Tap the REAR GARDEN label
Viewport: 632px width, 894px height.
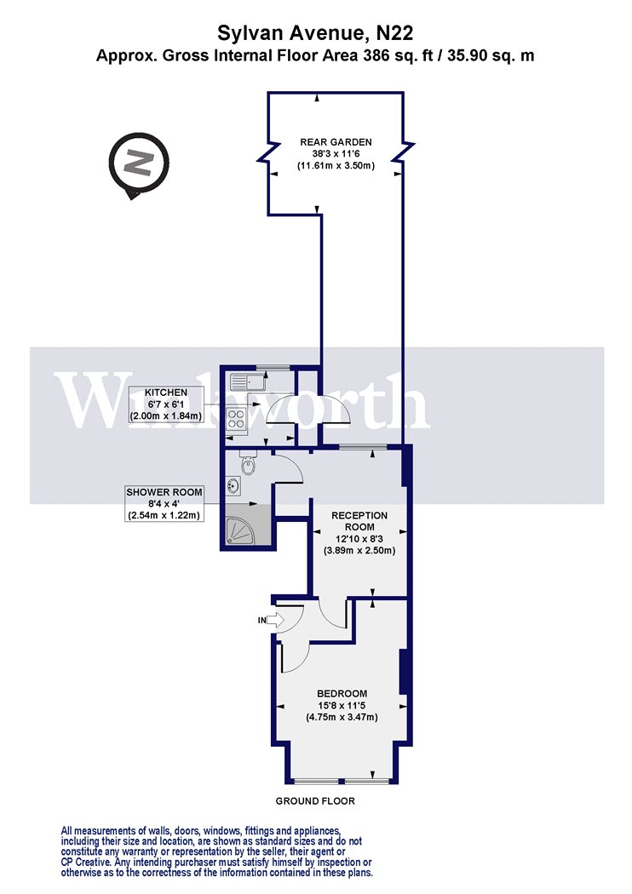pyautogui.click(x=336, y=142)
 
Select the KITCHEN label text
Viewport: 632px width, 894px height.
pyautogui.click(x=166, y=393)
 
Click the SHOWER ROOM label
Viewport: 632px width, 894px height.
pyautogui.click(x=164, y=492)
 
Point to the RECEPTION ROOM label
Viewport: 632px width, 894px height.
pyautogui.click(x=359, y=521)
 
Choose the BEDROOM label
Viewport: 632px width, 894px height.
pyautogui.click(x=342, y=693)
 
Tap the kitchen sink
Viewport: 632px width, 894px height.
pyautogui.click(x=248, y=381)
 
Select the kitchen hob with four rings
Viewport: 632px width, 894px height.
pyautogui.click(x=237, y=419)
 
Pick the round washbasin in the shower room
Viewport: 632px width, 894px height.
pyautogui.click(x=233, y=486)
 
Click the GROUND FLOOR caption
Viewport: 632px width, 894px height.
pyautogui.click(x=315, y=800)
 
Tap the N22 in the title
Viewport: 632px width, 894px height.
pyautogui.click(x=394, y=34)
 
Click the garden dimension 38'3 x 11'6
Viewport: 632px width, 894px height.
pyautogui.click(x=336, y=154)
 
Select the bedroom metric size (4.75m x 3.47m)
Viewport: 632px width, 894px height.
pyautogui.click(x=342, y=717)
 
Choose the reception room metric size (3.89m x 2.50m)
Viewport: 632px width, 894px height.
pyautogui.click(x=359, y=550)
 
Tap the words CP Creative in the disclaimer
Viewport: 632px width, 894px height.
pyautogui.click(x=85, y=862)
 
